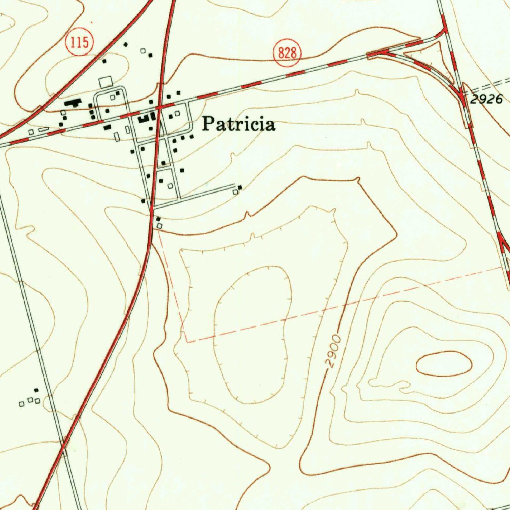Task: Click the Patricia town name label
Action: click(x=238, y=124)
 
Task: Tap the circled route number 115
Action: click(x=79, y=43)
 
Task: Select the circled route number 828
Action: click(x=287, y=53)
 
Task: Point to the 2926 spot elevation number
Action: click(x=486, y=99)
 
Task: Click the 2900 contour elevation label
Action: click(x=334, y=352)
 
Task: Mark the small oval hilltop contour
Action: click(x=443, y=363)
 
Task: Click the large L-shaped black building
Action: click(x=73, y=103)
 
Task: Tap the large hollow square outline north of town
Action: click(x=106, y=82)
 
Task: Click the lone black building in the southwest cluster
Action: click(x=36, y=390)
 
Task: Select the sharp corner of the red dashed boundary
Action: click(x=187, y=342)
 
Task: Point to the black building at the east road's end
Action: click(x=240, y=187)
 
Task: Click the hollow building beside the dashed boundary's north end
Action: click(x=159, y=226)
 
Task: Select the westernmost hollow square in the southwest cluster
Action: click(x=21, y=403)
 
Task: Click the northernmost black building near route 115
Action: click(x=126, y=45)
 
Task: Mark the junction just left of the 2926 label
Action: click(x=463, y=98)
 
